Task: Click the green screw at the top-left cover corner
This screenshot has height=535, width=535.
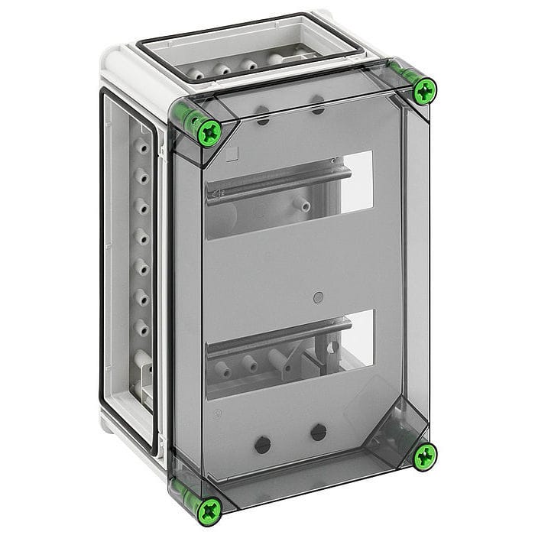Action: pos(208,133)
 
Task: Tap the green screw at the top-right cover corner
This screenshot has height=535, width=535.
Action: pos(424,91)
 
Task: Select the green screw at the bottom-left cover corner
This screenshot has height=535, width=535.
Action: pos(209,507)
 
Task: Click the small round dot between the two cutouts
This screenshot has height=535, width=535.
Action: pos(319,296)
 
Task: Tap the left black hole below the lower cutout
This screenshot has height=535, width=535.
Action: pos(262,443)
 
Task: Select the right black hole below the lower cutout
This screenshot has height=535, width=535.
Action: pos(319,433)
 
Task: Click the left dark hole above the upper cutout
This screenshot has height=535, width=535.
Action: pos(262,118)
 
